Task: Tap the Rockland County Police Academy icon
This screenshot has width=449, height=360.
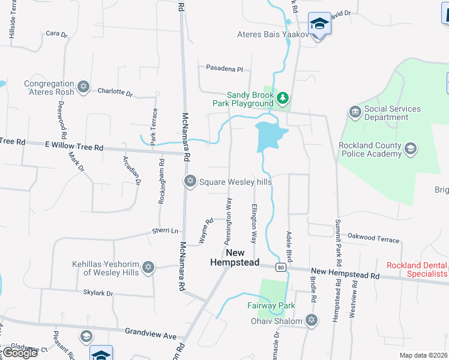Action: pyautogui.click(x=411, y=149)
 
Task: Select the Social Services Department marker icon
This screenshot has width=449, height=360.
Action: pyautogui.click(x=354, y=112)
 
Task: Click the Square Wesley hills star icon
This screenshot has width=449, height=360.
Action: pyautogui.click(x=190, y=181)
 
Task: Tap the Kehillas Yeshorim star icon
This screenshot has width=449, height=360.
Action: pyautogui.click(x=148, y=268)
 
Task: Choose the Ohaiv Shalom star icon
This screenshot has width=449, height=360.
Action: pyautogui.click(x=311, y=320)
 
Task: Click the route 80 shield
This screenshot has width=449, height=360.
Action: pyautogui.click(x=280, y=267)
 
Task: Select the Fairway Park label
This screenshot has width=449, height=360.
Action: pyautogui.click(x=271, y=305)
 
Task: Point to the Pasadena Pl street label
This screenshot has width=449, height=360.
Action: pyautogui.click(x=224, y=69)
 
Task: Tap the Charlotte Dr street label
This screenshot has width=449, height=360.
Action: pyautogui.click(x=115, y=92)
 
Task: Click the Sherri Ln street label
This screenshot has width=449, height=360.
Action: pyautogui.click(x=166, y=230)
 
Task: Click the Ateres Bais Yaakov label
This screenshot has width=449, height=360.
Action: pyautogui.click(x=273, y=34)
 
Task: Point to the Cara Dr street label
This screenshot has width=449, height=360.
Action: pyautogui.click(x=56, y=34)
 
